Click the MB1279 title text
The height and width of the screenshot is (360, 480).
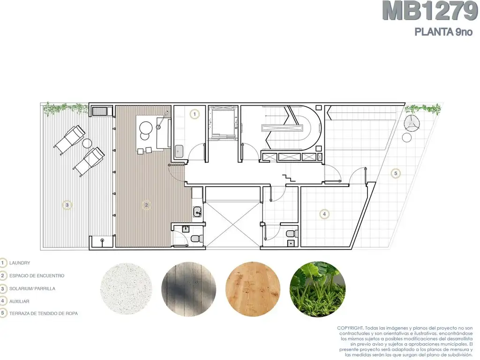click(430, 11)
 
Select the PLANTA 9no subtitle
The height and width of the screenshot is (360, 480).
click(443, 32)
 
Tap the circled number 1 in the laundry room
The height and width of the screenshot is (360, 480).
click(195, 114)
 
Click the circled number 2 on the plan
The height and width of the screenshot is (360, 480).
click(146, 205)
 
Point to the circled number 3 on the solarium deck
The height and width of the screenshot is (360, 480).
click(67, 205)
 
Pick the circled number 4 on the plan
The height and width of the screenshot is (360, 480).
click(324, 214)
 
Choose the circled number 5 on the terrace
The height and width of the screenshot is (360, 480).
click(396, 173)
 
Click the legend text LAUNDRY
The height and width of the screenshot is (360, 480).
click(20, 263)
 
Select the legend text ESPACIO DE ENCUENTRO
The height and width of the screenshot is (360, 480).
click(37, 276)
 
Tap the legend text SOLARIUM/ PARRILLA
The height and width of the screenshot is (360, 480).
click(32, 289)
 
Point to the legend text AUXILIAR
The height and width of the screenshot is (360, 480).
click(19, 301)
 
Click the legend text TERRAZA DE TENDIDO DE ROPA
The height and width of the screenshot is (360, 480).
click(44, 314)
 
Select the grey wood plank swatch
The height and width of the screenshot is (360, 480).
click(189, 289)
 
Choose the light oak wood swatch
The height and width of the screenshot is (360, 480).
click(253, 289)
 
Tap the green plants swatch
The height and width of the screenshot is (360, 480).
click(318, 289)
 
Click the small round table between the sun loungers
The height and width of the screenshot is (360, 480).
click(87, 143)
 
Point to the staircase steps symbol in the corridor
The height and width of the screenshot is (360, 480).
click(289, 178)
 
